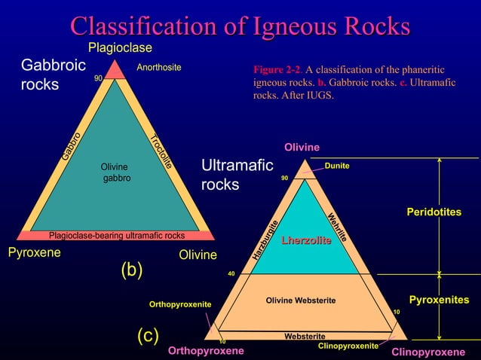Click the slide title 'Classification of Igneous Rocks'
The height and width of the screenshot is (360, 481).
click(240, 26)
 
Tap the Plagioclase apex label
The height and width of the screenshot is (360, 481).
click(121, 48)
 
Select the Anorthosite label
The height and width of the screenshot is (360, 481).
click(159, 68)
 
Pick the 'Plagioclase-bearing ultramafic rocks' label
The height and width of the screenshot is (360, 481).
click(117, 234)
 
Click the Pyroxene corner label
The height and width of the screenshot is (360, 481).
click(34, 253)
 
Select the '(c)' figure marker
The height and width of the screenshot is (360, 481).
click(148, 336)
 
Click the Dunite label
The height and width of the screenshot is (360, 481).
click(337, 166)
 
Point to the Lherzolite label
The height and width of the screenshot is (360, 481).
click(306, 240)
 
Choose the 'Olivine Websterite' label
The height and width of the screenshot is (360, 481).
click(300, 301)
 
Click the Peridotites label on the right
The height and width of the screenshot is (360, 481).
click(434, 213)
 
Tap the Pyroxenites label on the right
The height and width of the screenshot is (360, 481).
click(444, 301)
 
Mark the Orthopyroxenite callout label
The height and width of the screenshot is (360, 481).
click(179, 304)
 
